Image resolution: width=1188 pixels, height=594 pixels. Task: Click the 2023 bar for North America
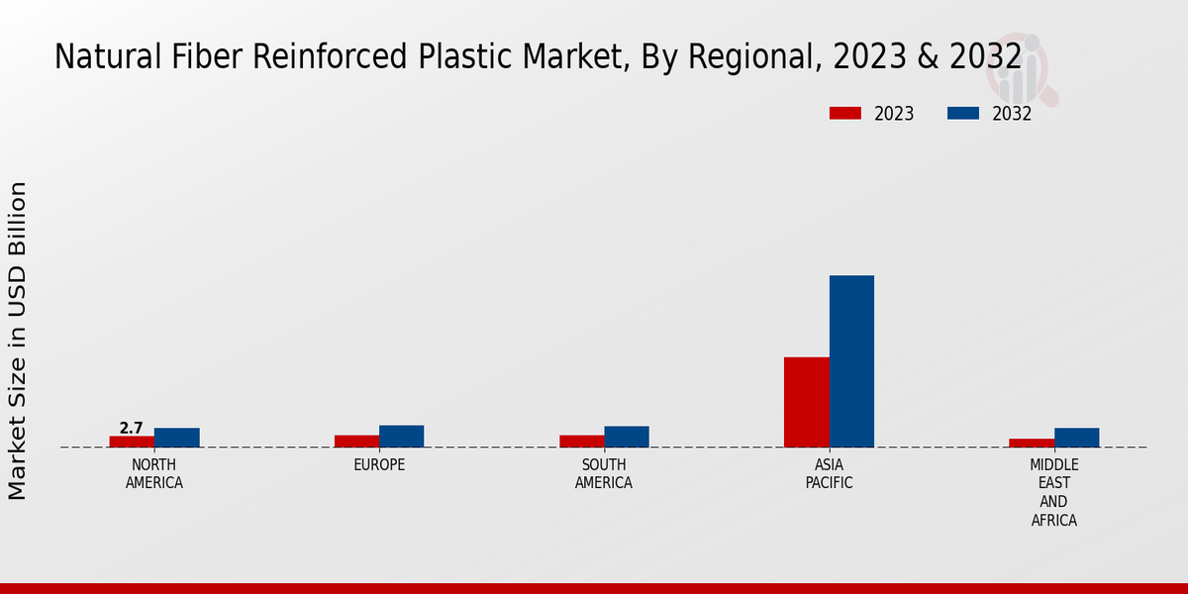point(132,442)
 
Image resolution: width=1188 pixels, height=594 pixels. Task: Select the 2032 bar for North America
point(177,438)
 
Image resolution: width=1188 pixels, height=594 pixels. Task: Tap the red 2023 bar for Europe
point(356,442)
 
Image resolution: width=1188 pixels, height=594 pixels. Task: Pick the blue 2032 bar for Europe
point(402,437)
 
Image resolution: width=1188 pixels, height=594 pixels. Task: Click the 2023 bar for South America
point(581,442)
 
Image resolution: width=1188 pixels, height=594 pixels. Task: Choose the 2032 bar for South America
point(627,437)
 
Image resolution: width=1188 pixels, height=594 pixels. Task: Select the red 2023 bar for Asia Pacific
point(806,402)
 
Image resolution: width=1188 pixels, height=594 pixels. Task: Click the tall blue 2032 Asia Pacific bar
point(851,361)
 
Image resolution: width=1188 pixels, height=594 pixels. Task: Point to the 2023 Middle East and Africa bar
point(1032,443)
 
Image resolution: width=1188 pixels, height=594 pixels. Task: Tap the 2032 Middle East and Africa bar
point(1077,438)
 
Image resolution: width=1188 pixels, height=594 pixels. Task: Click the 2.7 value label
point(131,428)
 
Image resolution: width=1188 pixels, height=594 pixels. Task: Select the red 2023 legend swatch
point(845,114)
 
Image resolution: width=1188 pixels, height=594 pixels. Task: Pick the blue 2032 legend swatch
point(962,114)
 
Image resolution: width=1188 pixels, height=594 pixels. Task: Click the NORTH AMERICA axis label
point(154,474)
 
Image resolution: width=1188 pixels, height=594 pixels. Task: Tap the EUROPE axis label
point(379,465)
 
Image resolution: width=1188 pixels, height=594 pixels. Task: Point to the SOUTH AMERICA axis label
point(604,474)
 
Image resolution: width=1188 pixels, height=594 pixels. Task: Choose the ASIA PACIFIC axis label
point(829,474)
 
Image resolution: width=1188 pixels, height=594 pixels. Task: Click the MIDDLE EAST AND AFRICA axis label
point(1054,492)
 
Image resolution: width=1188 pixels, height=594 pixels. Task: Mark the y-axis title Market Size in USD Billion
point(18,340)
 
